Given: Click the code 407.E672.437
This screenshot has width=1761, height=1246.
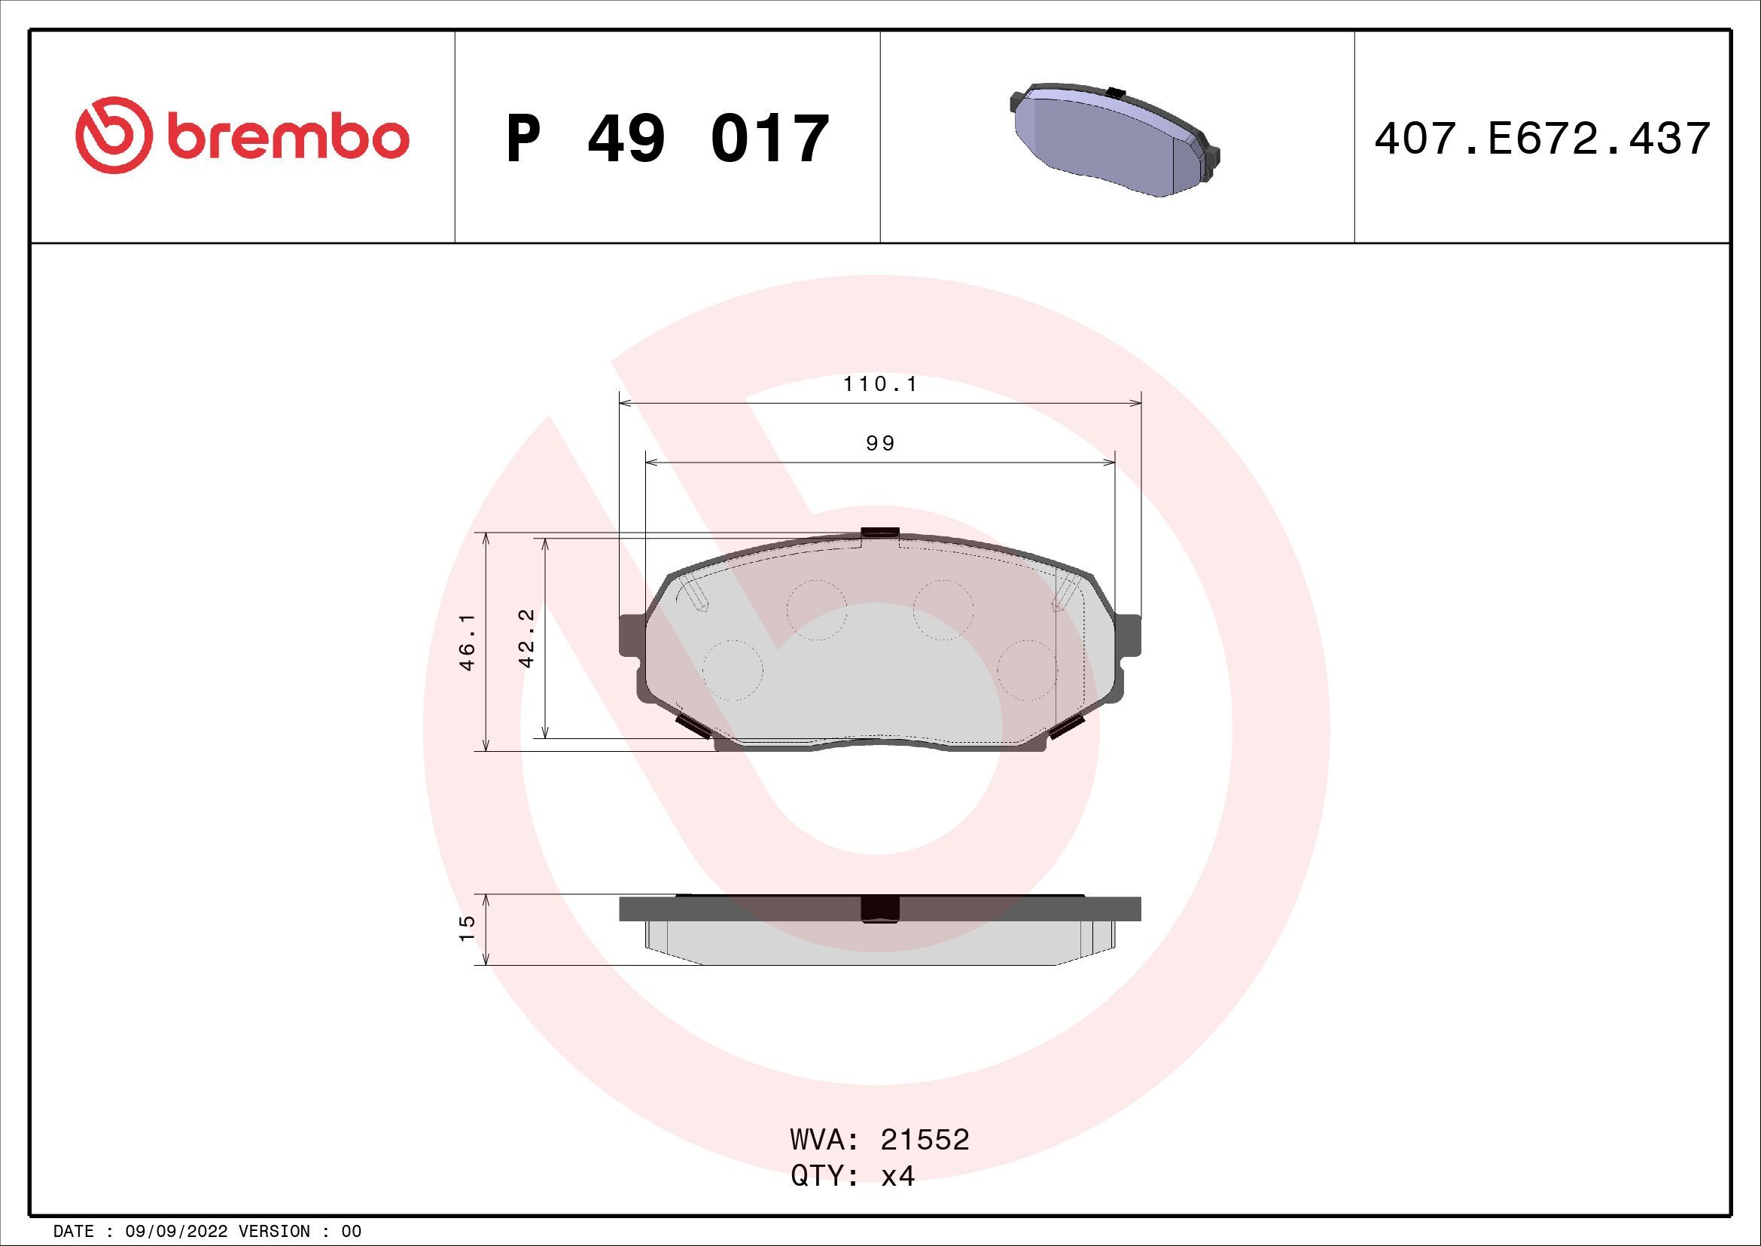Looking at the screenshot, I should [x=1542, y=139].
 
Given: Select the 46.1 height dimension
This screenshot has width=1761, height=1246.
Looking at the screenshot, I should [x=468, y=641].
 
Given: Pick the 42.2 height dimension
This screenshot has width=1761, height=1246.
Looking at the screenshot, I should [x=526, y=637].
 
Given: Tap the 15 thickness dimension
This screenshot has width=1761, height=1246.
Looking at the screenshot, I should [x=467, y=928].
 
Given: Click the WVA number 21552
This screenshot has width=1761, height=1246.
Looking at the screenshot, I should [x=925, y=1140].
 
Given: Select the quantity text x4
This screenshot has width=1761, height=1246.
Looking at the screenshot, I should [x=897, y=1176].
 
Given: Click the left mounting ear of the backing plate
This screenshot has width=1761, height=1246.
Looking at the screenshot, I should [x=632, y=635].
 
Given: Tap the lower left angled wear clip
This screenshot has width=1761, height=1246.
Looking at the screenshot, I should [x=692, y=725].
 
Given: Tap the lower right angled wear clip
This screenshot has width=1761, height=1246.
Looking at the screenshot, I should [x=1066, y=725].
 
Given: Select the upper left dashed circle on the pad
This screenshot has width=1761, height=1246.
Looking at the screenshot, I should [x=816, y=611].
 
